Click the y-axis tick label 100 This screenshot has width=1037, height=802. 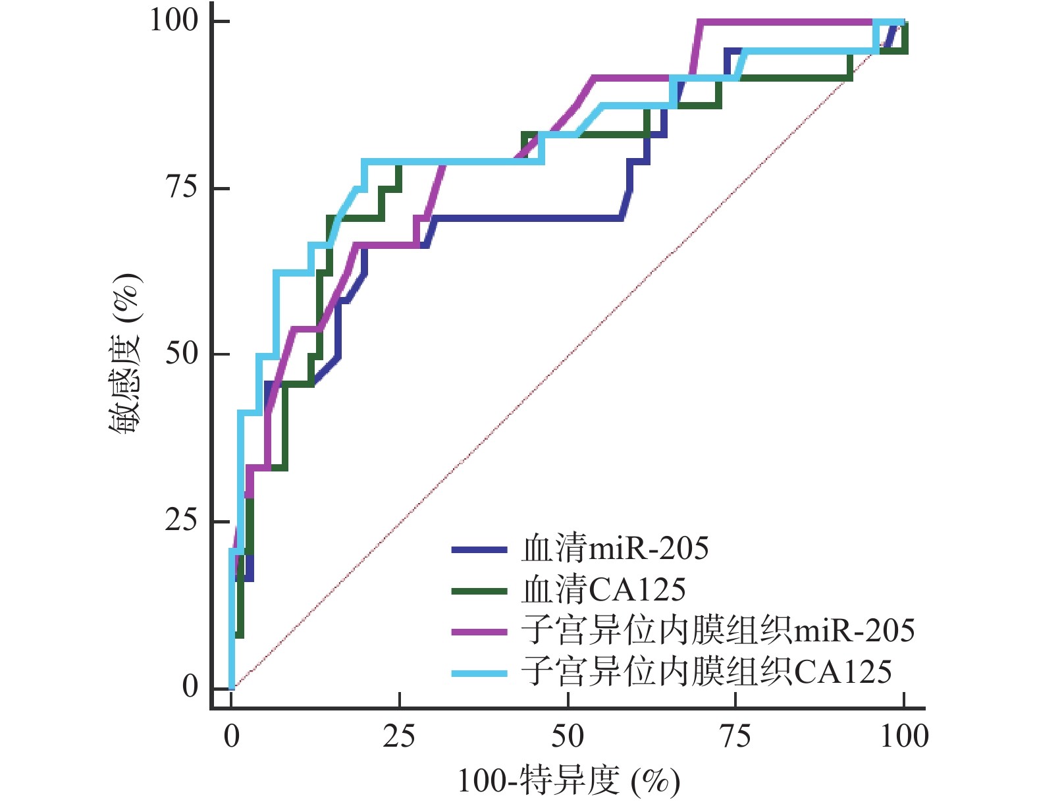pyautogui.click(x=174, y=20)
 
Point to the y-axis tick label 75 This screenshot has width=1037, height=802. pyautogui.click(x=181, y=188)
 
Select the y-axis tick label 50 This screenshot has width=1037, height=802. pyautogui.click(x=181, y=354)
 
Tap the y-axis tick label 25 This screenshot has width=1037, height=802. pyautogui.click(x=181, y=521)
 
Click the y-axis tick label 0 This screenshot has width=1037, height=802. pyautogui.click(x=190, y=687)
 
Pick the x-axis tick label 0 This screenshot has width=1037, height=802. pyautogui.click(x=232, y=736)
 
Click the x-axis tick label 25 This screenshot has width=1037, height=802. pyautogui.click(x=399, y=736)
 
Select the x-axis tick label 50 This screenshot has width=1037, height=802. pyautogui.click(x=568, y=736)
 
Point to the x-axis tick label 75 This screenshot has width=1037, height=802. pyautogui.click(x=735, y=736)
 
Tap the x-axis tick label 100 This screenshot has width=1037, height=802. pyautogui.click(x=904, y=736)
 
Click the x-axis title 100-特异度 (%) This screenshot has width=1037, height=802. pyautogui.click(x=568, y=782)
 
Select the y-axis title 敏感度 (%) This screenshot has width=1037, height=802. pyautogui.click(x=125, y=354)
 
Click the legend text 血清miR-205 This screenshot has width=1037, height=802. pyautogui.click(x=615, y=548)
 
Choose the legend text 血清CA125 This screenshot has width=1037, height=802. pyautogui.click(x=603, y=589)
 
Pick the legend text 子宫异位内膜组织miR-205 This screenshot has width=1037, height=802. pyautogui.click(x=718, y=631)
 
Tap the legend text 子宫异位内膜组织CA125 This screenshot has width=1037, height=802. pyautogui.click(x=706, y=672)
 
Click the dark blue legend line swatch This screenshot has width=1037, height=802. pyautogui.click(x=479, y=549)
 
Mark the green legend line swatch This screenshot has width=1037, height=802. pyautogui.click(x=479, y=591)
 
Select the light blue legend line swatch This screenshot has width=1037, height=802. pyautogui.click(x=479, y=673)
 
